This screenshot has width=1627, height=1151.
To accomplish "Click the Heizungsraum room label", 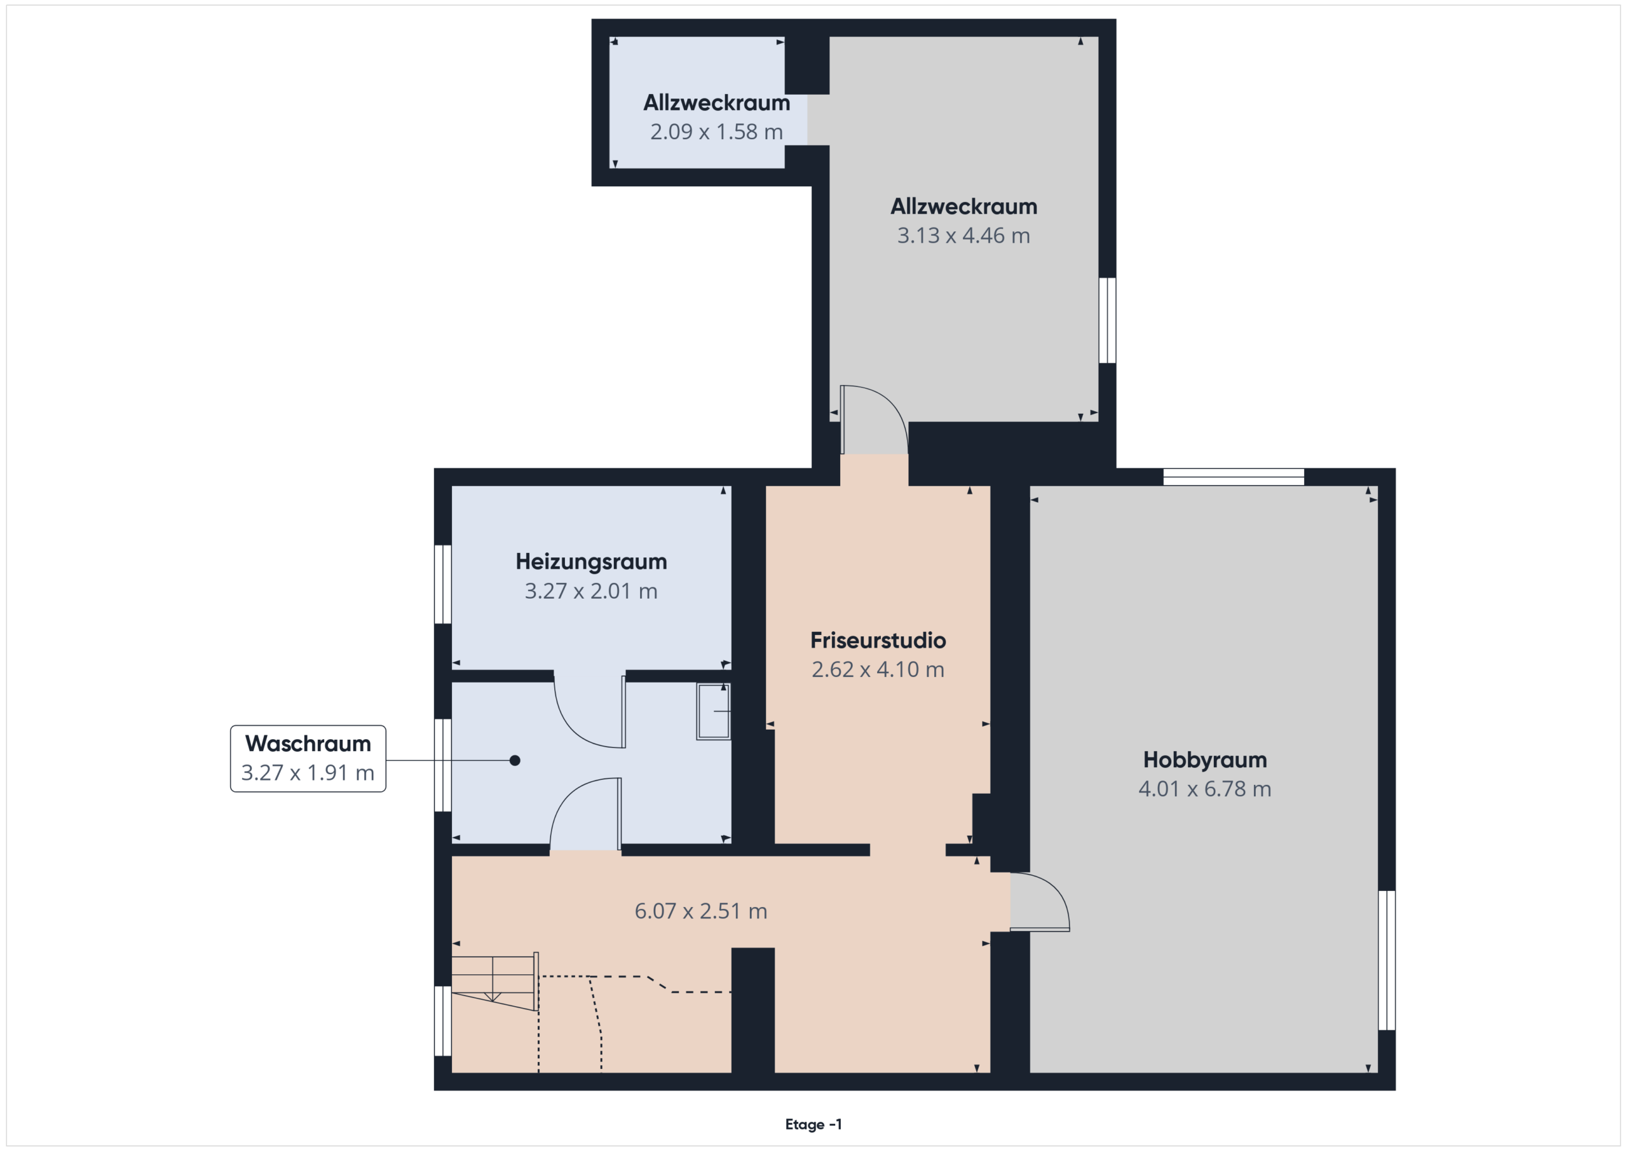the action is tap(591, 562).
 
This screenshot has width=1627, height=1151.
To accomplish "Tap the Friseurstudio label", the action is tap(878, 641).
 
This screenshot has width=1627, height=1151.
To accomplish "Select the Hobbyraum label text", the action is tap(1204, 761).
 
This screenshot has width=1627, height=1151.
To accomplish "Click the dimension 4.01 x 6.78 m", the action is tap(1204, 789).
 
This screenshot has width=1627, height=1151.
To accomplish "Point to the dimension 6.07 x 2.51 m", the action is tap(701, 911).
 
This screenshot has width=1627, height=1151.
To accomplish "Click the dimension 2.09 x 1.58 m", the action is tap(716, 132).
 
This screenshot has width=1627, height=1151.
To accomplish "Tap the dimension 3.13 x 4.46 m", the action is tap(963, 235).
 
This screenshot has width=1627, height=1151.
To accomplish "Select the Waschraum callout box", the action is tap(308, 758).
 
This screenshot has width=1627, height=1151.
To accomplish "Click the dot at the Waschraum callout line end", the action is tap(515, 761).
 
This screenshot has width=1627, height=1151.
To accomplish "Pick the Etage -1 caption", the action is tap(813, 1124).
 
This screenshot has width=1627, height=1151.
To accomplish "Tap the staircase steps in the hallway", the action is tap(494, 981).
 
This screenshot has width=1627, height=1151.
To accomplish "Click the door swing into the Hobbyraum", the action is tap(1040, 901).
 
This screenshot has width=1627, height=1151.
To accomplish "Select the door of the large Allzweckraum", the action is tap(875, 419).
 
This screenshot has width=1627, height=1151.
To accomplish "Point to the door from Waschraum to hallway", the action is tap(586, 814).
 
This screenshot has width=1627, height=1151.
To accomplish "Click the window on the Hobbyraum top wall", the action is tap(1234, 477).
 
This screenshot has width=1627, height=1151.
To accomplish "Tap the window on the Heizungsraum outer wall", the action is tap(443, 585).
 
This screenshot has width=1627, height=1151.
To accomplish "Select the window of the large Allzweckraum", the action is tap(1108, 320).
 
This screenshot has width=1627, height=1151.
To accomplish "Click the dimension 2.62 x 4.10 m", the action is tap(878, 670).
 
